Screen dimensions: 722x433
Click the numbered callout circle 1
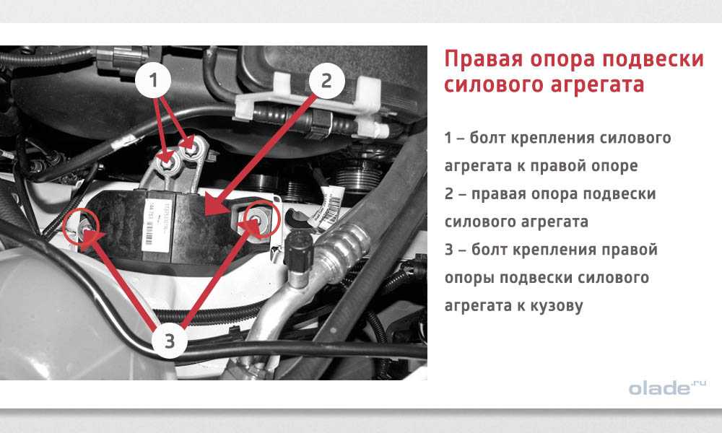point(153,81)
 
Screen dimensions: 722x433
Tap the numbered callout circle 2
point(326,81)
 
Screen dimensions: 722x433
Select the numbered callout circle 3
point(170,341)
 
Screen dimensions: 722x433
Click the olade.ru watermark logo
point(667,388)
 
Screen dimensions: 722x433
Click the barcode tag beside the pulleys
point(330,207)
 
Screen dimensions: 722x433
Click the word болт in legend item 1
point(488,138)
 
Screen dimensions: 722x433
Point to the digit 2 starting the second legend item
point(449,194)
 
